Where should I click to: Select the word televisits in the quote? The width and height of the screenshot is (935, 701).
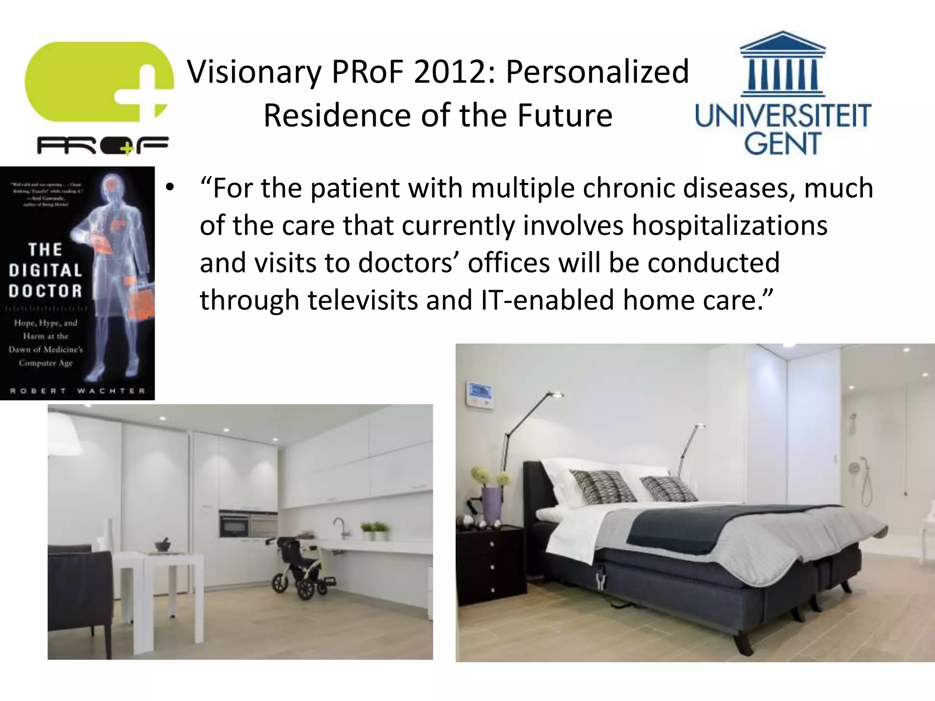point(362,300)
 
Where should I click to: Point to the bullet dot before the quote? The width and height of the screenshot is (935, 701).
point(170,188)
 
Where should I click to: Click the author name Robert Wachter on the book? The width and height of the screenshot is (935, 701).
point(78,391)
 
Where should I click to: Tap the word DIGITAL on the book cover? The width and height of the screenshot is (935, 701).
point(45,270)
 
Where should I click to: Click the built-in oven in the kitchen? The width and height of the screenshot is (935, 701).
point(233,524)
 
